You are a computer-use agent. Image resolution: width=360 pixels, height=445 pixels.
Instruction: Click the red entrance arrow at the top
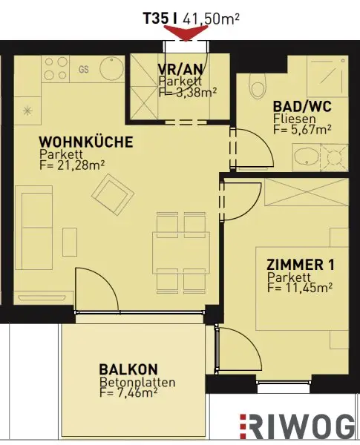[186, 33]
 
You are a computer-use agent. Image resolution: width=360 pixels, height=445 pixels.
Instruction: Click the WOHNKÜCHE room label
[86, 142]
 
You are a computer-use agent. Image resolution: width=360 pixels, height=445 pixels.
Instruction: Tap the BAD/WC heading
[302, 107]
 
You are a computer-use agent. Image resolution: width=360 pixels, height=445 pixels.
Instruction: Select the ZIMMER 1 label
[301, 265]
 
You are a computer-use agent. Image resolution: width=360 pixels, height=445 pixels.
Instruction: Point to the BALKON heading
[128, 369]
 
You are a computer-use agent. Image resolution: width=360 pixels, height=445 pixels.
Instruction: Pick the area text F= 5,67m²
[302, 129]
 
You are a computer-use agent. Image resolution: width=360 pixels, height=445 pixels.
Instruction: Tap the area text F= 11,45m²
[300, 288]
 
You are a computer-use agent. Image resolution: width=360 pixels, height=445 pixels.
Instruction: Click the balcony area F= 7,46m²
[128, 392]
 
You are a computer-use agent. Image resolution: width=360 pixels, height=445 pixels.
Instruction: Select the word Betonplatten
[137, 382]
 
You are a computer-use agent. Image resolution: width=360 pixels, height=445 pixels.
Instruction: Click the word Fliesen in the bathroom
[295, 119]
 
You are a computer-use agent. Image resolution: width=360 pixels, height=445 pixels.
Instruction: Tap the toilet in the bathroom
[258, 87]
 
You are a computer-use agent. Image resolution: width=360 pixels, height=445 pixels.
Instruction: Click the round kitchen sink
[112, 69]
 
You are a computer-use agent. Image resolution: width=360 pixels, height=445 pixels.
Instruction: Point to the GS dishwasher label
[84, 69]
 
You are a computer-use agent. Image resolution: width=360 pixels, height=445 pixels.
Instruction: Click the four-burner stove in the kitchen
[56, 69]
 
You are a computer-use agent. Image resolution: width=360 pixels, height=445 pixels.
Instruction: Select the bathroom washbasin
[307, 158]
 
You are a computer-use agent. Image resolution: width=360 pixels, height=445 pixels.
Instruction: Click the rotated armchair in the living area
[113, 194]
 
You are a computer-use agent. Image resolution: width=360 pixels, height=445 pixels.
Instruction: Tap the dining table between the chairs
[181, 253]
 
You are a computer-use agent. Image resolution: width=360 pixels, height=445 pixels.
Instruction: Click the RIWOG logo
[297, 426]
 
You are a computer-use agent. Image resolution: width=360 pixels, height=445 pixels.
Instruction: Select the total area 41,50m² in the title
[211, 19]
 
